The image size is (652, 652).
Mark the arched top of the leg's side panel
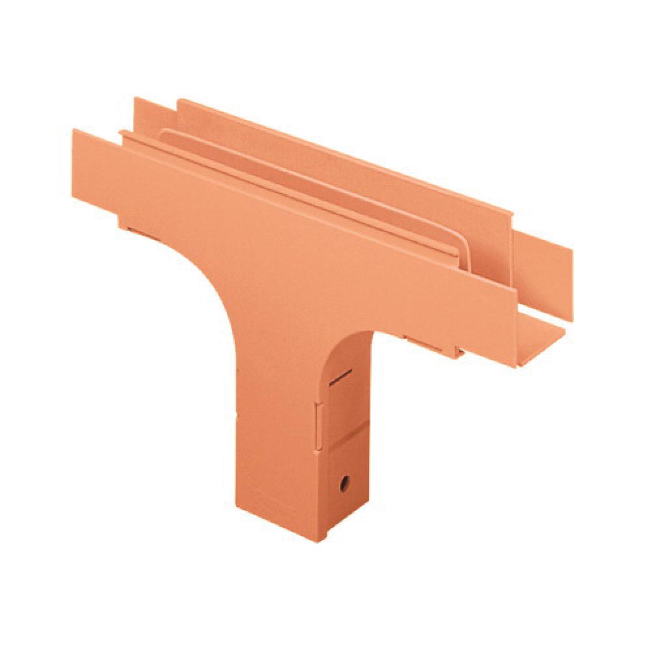[352, 339]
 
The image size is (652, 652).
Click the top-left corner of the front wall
[74, 131]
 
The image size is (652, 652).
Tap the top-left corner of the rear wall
[136, 99]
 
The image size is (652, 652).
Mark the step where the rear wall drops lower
[512, 222]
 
